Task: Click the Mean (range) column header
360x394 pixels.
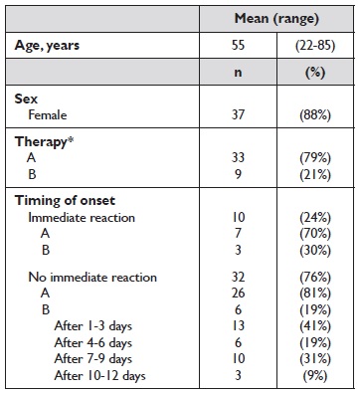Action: click(x=276, y=19)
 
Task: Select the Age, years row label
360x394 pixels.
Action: click(x=47, y=46)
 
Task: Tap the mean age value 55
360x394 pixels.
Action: click(x=238, y=45)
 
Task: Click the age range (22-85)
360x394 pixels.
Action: click(x=315, y=46)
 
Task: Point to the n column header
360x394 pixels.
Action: click(x=238, y=73)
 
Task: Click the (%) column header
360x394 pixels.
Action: click(x=315, y=73)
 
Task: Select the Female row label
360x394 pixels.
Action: click(x=48, y=115)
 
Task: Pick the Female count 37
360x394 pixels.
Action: click(x=238, y=115)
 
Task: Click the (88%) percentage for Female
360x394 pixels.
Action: click(x=315, y=115)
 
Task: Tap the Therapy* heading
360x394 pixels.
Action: click(x=44, y=142)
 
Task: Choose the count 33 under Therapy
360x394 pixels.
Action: click(x=238, y=157)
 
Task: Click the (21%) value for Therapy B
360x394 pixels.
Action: click(x=315, y=174)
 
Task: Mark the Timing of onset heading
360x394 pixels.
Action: click(x=65, y=201)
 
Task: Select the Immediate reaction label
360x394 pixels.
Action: click(x=82, y=218)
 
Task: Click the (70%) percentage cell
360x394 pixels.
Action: click(x=315, y=234)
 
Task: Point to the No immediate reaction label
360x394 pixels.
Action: click(x=92, y=278)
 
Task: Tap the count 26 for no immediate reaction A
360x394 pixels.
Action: click(x=238, y=294)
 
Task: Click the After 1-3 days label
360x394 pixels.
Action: click(x=93, y=326)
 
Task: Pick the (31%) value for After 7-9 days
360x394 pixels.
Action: click(x=315, y=359)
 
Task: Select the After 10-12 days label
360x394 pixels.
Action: click(x=99, y=376)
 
